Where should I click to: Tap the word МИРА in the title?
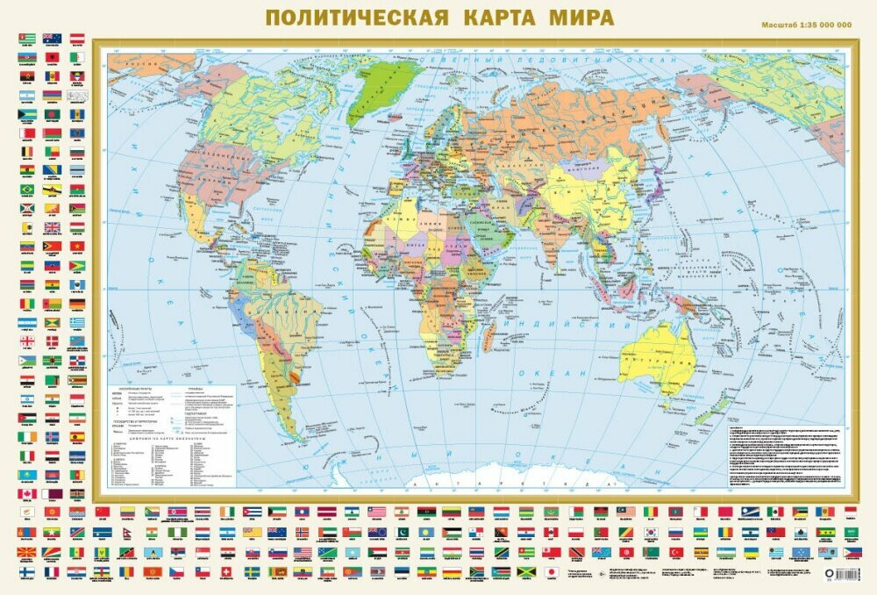[575, 18]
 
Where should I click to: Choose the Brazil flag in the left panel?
[27, 190]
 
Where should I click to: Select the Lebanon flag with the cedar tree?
[401, 511]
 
